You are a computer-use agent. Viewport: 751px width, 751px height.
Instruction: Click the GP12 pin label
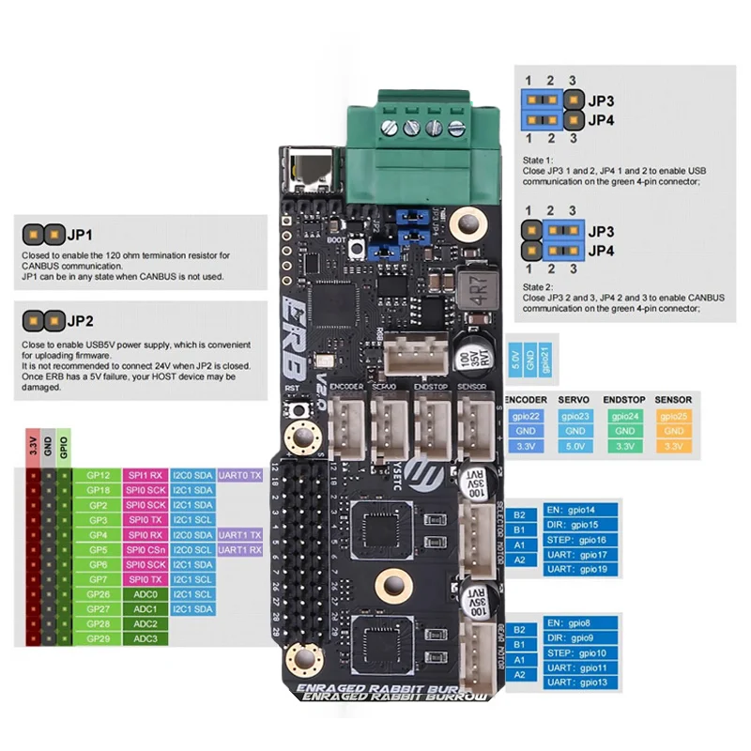click(x=98, y=476)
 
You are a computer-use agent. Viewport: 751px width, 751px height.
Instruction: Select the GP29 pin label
click(x=98, y=638)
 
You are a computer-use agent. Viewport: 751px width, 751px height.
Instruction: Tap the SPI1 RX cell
click(x=145, y=476)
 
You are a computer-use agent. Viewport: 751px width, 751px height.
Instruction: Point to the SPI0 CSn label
click(x=145, y=549)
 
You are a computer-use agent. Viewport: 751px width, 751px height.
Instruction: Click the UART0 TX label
click(x=238, y=476)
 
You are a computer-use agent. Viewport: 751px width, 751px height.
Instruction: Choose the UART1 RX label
click(x=238, y=549)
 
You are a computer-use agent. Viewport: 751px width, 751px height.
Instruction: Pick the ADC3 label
click(x=145, y=638)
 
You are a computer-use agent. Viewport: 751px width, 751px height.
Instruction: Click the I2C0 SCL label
click(x=192, y=549)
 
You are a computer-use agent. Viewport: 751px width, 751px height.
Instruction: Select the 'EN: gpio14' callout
click(x=582, y=510)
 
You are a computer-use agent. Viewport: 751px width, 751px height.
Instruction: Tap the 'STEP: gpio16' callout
click(x=582, y=540)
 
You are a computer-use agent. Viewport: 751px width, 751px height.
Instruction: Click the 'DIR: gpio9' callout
click(x=582, y=637)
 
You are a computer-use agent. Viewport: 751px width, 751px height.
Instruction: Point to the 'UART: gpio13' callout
click(x=582, y=682)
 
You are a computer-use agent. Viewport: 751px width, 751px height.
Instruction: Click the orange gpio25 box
click(x=672, y=416)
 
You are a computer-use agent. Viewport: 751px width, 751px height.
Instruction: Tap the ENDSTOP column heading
click(x=625, y=400)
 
